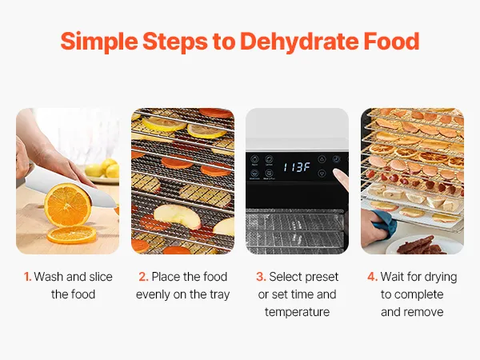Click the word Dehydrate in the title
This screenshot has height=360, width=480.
[x=299, y=42]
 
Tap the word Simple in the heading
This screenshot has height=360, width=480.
[x=99, y=42]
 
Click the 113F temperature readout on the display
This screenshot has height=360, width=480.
[x=297, y=167]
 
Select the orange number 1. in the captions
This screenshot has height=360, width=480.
[x=27, y=277]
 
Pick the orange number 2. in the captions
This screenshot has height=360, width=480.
[x=143, y=277]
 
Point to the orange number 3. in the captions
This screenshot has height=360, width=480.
[x=261, y=277]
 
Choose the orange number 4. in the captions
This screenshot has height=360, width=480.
[x=372, y=277]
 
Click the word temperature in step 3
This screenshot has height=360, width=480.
[x=297, y=312]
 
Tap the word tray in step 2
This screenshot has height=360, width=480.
[x=219, y=294]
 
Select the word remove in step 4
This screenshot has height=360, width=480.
[x=424, y=312]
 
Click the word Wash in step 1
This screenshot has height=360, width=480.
[x=49, y=277]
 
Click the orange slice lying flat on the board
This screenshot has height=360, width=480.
[x=72, y=234]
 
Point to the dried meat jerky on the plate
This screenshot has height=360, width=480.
[x=422, y=246]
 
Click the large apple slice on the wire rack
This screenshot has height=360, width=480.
[x=178, y=215]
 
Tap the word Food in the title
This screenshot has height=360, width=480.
[x=391, y=42]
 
